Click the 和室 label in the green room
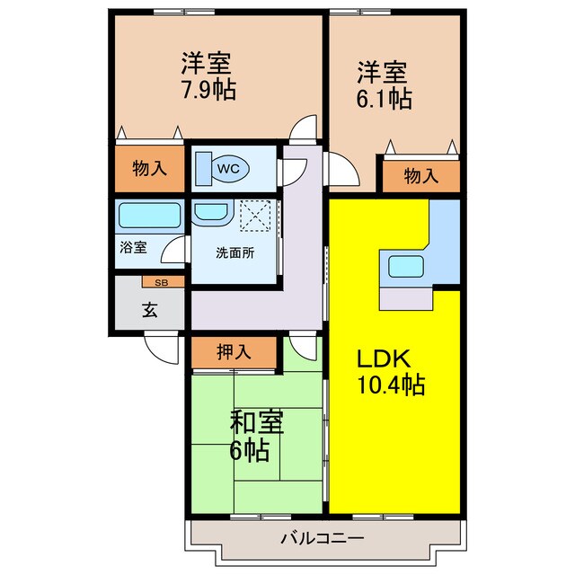[x=257, y=422]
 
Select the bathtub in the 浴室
[x=149, y=217]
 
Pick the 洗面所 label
[x=235, y=252]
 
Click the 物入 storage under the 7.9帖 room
[x=149, y=168]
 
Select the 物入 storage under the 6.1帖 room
[x=420, y=176]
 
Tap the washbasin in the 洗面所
[x=212, y=214]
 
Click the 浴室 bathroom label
[x=134, y=247]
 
